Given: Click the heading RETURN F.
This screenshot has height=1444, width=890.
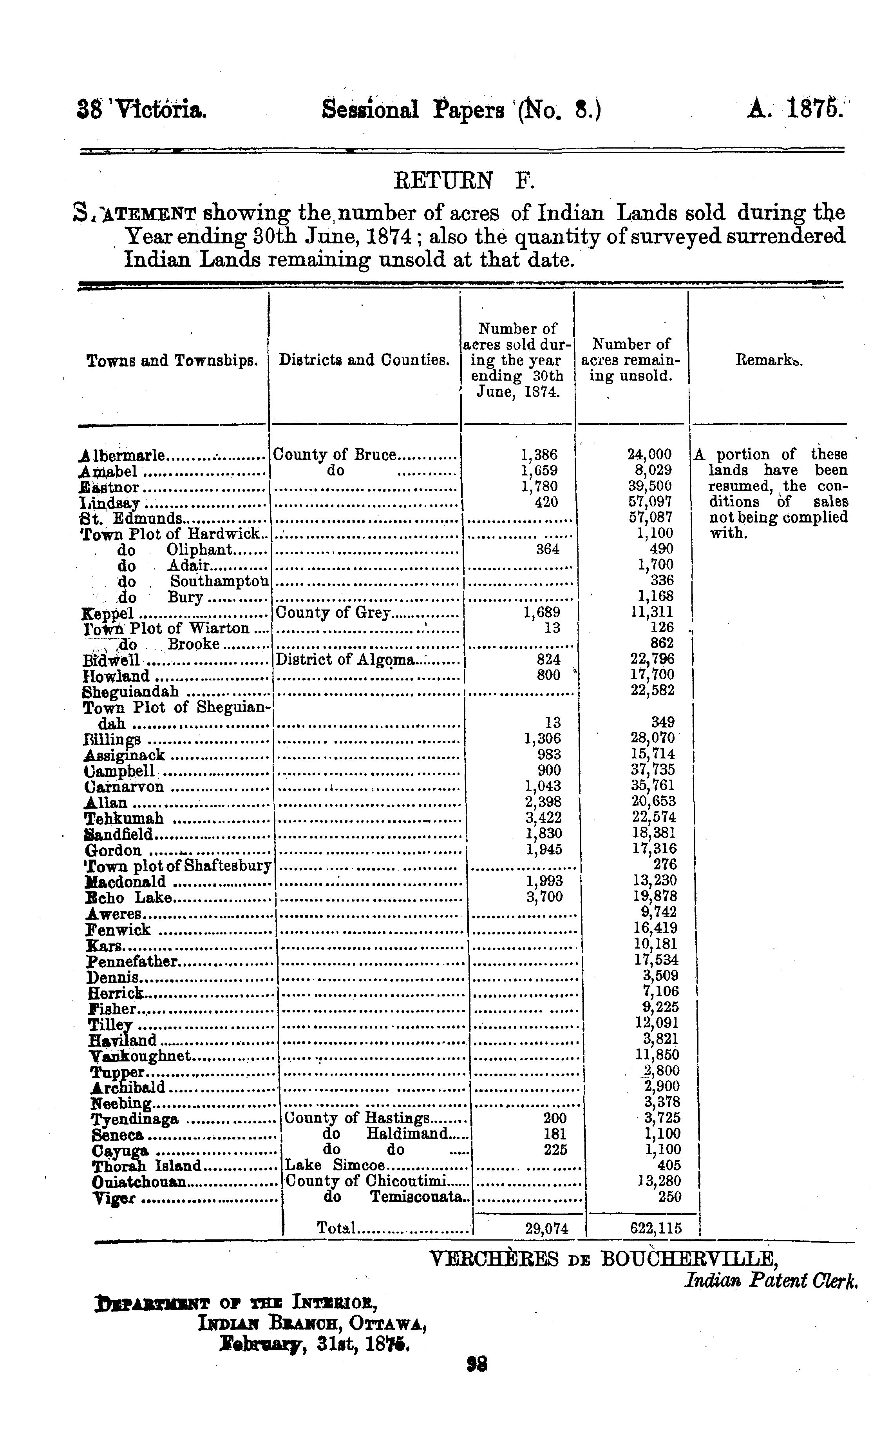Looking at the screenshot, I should pyautogui.click(x=463, y=180).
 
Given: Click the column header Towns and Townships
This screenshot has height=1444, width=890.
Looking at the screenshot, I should pyautogui.click(x=172, y=360).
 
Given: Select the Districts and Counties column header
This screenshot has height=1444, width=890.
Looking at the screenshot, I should pyautogui.click(x=364, y=360).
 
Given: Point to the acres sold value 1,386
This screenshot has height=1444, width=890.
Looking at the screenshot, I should pyautogui.click(x=539, y=455).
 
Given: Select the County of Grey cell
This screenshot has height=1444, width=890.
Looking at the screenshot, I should pyautogui.click(x=333, y=613).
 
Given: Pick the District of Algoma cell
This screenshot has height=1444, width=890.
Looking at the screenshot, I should pyautogui.click(x=346, y=660).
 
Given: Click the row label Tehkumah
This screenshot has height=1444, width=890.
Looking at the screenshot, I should pyautogui.click(x=124, y=818).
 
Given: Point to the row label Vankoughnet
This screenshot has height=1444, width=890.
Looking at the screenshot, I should pyautogui.click(x=140, y=1056).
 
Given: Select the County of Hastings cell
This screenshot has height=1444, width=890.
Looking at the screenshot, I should pyautogui.click(x=357, y=1118).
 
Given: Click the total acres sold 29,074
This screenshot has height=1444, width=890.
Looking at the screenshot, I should pyautogui.click(x=546, y=1228).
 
